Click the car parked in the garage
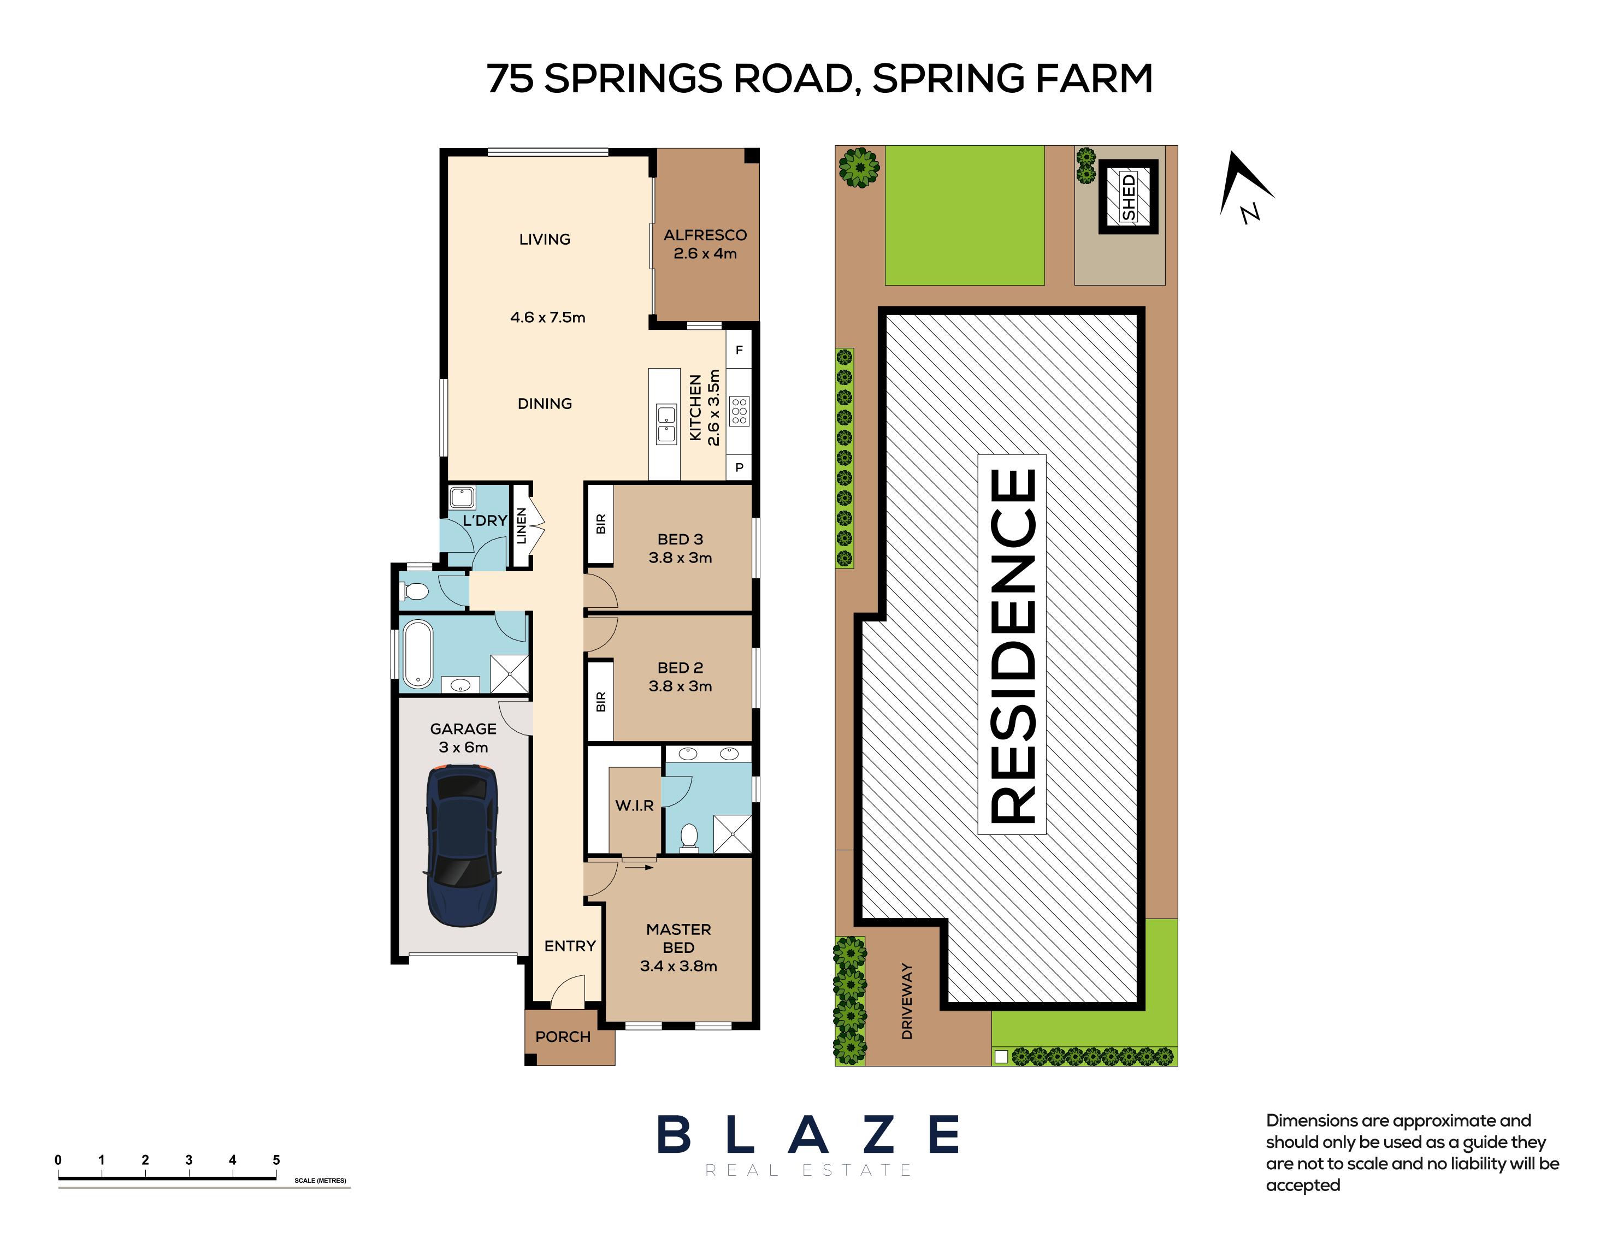pyautogui.click(x=462, y=845)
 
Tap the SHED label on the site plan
pyautogui.click(x=1128, y=197)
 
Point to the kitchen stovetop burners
pyautogui.click(x=739, y=411)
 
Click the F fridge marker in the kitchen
pyautogui.click(x=739, y=350)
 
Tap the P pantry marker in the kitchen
pyautogui.click(x=739, y=468)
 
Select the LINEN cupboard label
pyautogui.click(x=521, y=526)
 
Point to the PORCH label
pyautogui.click(x=563, y=1036)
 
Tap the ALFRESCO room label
pyautogui.click(x=705, y=235)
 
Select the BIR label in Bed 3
pyautogui.click(x=600, y=524)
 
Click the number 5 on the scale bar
pyautogui.click(x=276, y=1160)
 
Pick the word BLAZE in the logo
pyautogui.click(x=808, y=1134)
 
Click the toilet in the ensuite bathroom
pyautogui.click(x=689, y=838)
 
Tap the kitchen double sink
pyautogui.click(x=666, y=424)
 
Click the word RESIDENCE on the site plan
pyautogui.click(x=1012, y=644)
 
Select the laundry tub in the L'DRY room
pyautogui.click(x=462, y=497)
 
